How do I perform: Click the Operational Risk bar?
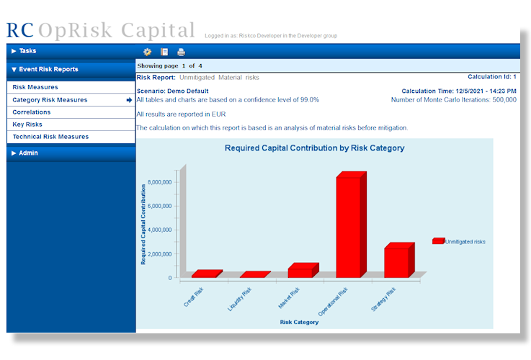pos(351,225)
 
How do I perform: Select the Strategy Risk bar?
pos(399,260)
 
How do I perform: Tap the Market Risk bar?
pos(303,270)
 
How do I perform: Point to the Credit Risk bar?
pos(207,274)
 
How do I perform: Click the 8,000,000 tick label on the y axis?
pos(160,182)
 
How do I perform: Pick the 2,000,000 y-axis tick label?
pos(160,254)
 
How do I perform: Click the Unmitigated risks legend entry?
pos(459,241)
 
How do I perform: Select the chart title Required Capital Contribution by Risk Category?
pos(315,148)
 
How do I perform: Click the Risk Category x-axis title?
pos(299,322)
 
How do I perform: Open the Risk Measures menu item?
pos(35,87)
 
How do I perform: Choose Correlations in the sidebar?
pos(32,112)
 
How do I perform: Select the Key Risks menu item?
pos(27,125)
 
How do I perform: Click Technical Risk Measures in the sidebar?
pos(51,137)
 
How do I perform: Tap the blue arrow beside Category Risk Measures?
pos(129,100)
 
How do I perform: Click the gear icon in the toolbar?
pos(147,52)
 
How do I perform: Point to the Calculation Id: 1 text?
pos(492,77)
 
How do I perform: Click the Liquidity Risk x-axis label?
pos(239,299)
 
